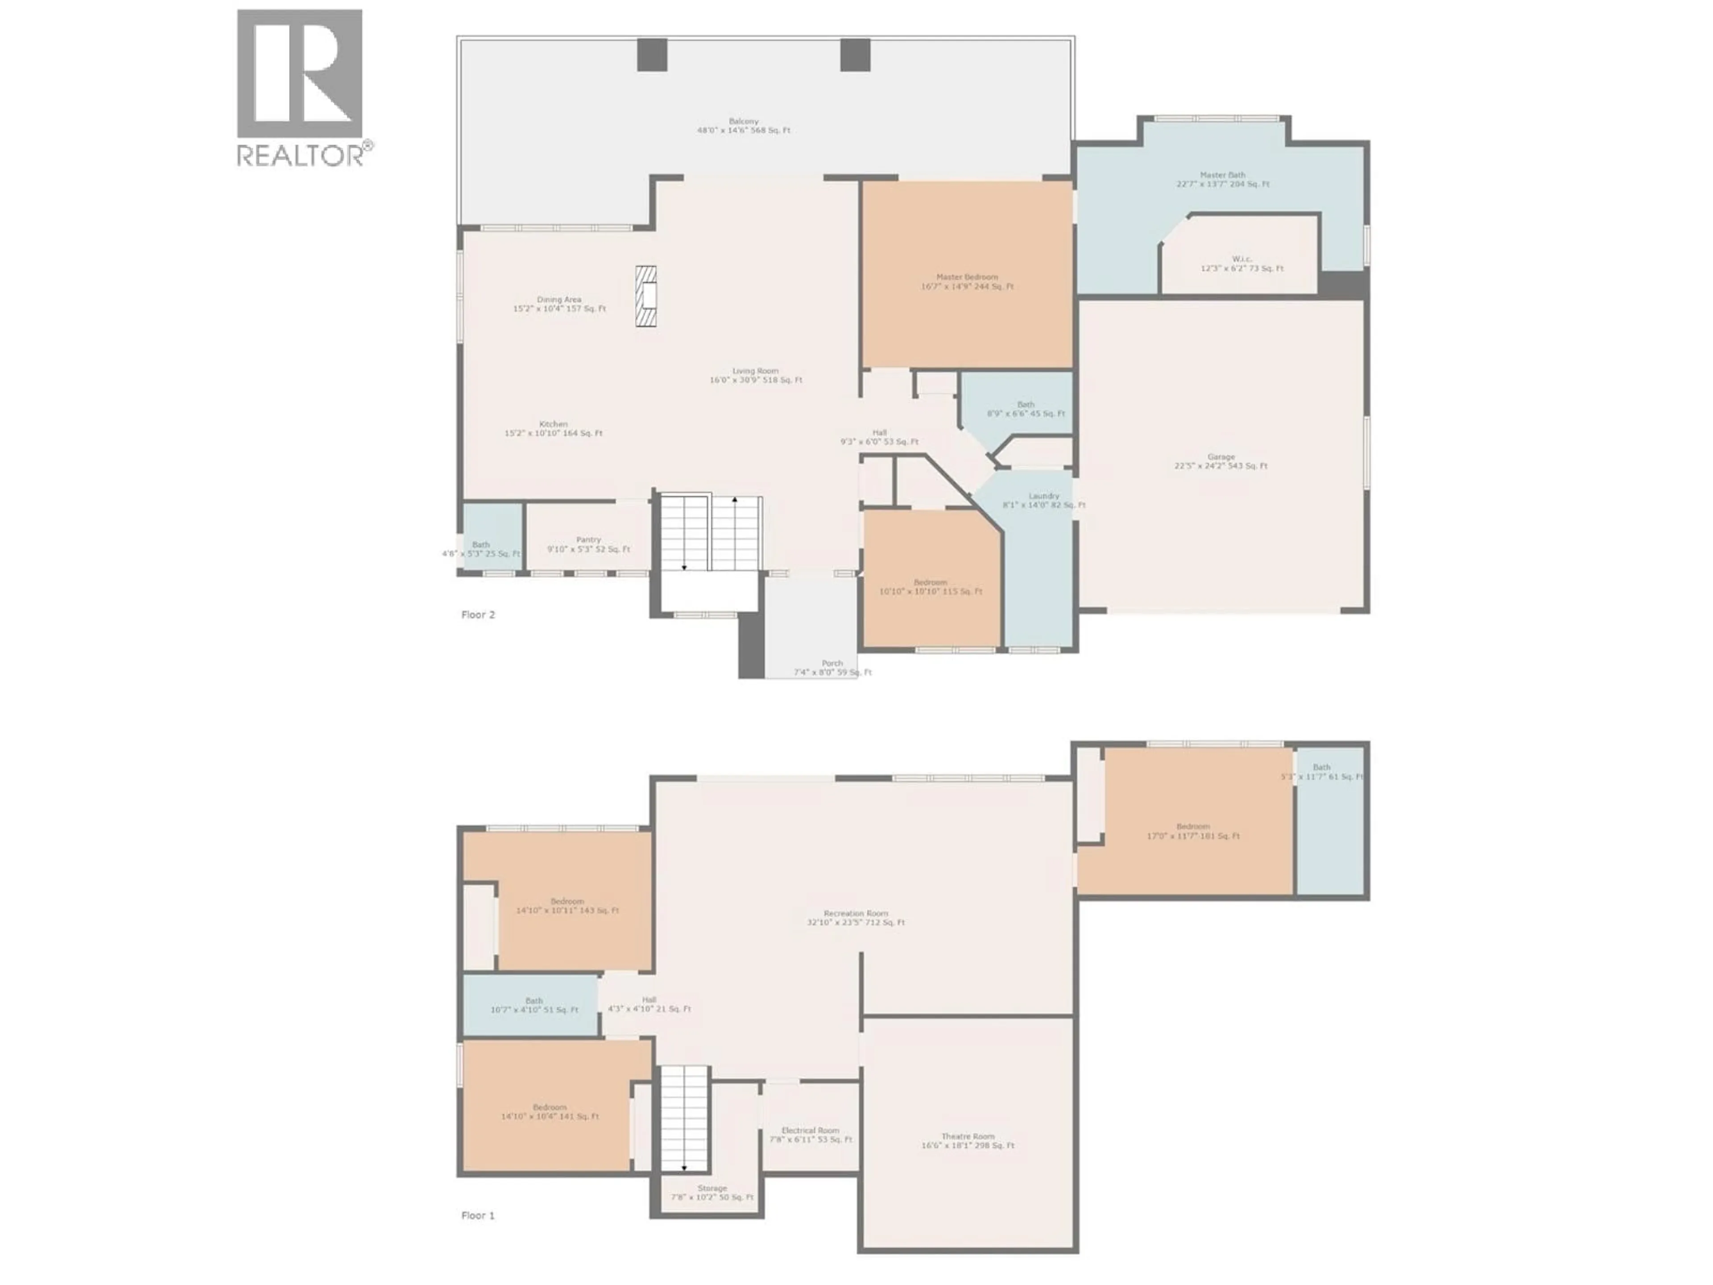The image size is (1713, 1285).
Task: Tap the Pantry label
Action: [x=588, y=544]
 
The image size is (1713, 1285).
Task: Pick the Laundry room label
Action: [x=1044, y=500]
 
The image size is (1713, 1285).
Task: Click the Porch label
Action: [x=832, y=667]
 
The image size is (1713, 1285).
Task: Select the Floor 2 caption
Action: [x=478, y=614]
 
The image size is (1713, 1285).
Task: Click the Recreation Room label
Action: [x=856, y=918]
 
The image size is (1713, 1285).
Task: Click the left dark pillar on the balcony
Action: [x=652, y=55]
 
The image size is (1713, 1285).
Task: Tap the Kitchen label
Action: [x=554, y=428]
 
